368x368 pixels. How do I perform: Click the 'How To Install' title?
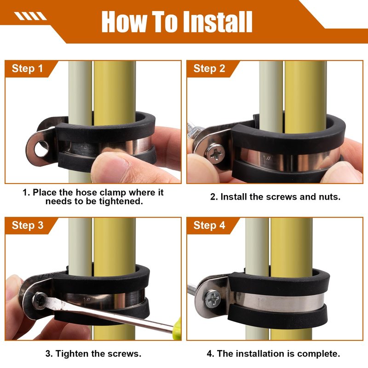pos(177,22)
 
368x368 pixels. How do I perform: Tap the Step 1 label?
pos(28,69)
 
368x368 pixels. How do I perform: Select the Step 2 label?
pos(209,69)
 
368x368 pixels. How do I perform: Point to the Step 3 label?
pos(28,225)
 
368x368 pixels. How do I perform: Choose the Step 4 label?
pos(209,225)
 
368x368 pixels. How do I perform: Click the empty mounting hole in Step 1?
pos(41,149)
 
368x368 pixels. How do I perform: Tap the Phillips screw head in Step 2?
pos(215,154)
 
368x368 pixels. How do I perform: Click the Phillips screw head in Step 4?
pos(213,299)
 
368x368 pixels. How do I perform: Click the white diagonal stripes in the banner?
pos(30,16)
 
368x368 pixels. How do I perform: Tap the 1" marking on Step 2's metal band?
pos(266,158)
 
